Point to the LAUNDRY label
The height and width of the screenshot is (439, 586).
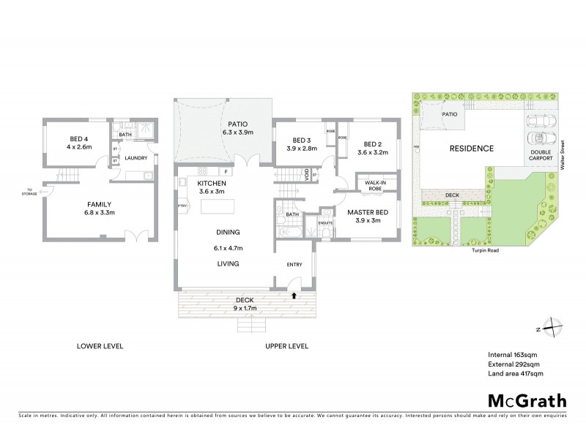coord(136,157)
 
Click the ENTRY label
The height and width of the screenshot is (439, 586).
coord(293,266)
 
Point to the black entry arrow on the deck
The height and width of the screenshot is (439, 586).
coord(294,296)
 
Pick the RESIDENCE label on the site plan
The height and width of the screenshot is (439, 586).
coord(471,148)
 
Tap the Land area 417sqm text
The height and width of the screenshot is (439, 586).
coord(515,374)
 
